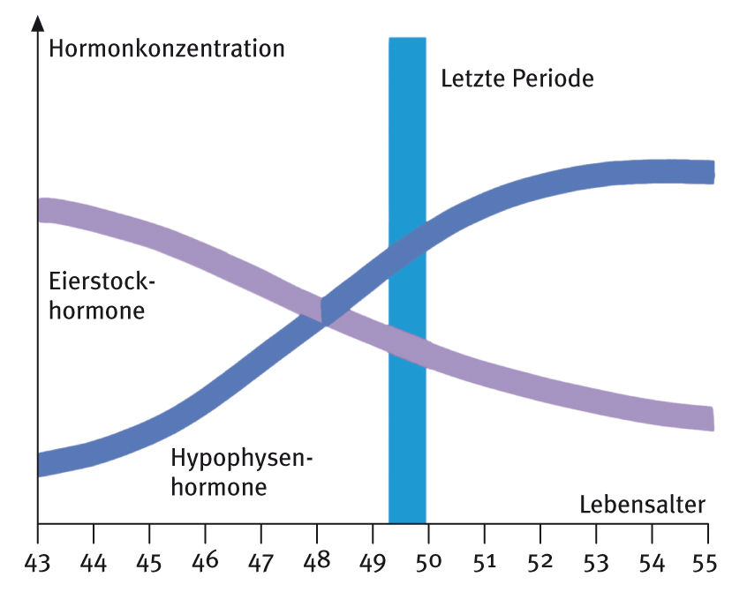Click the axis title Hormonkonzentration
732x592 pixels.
pos(167,48)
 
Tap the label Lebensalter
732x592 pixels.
pos(643,505)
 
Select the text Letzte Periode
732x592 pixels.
pos(517,79)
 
